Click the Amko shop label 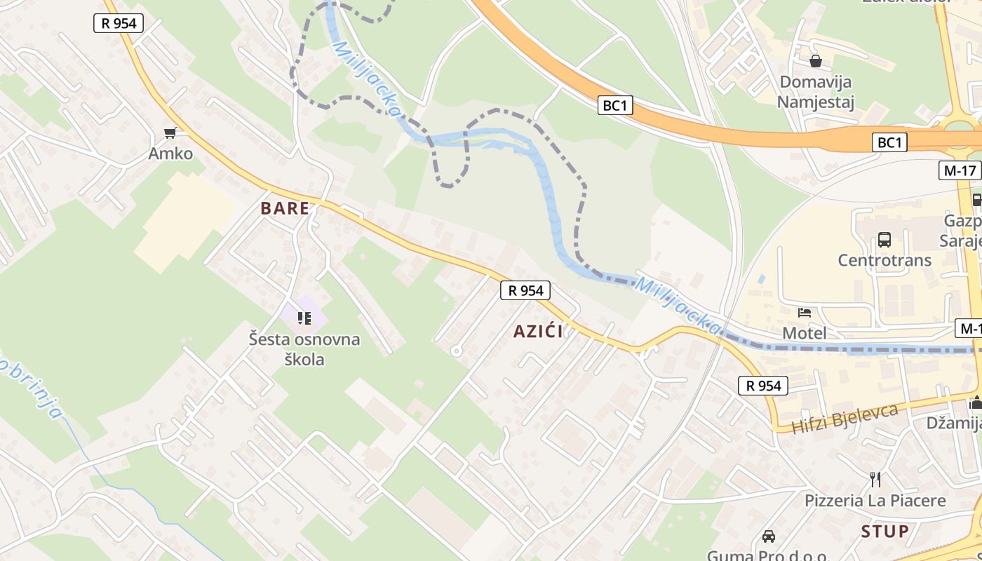pos(170,153)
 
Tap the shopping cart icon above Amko pos(170,131)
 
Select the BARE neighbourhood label pos(285,208)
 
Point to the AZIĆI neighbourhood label pos(538,332)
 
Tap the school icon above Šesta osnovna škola pos(304,318)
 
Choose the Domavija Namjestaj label pos(816,92)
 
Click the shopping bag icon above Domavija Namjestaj pos(816,61)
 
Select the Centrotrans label pos(885,260)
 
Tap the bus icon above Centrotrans pos(885,240)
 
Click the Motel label pos(805,333)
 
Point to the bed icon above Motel pos(805,312)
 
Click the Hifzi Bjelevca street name pos(845,418)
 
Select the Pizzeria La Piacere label pos(875,501)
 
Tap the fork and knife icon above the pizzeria pos(875,479)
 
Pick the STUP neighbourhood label pos(885,532)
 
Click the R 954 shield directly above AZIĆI pos(525,290)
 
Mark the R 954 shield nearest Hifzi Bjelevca pos(763,385)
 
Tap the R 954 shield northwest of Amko pos(119,23)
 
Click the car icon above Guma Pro pos(769,536)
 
